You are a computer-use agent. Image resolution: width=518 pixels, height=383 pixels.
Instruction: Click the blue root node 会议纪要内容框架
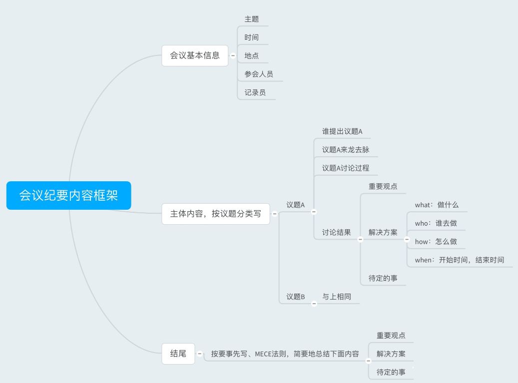click(68, 195)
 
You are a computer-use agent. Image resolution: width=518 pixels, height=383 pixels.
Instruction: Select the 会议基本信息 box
click(195, 55)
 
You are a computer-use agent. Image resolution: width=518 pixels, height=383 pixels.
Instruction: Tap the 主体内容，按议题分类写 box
click(215, 214)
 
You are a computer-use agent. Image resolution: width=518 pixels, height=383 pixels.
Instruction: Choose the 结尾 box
click(178, 354)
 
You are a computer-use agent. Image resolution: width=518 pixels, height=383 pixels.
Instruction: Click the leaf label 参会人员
click(259, 74)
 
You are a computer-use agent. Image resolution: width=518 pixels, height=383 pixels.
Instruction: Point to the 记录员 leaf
click(255, 92)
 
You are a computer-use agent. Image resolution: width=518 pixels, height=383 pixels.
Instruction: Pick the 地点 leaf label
click(252, 56)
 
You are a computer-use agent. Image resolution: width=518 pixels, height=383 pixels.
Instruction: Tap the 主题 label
click(252, 19)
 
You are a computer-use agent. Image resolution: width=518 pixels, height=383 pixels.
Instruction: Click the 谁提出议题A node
click(342, 131)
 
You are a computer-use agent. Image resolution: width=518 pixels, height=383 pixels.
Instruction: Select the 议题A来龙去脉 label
click(346, 150)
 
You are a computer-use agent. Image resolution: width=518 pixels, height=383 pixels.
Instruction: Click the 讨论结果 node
click(336, 232)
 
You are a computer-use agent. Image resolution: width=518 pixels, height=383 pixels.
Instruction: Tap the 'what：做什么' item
click(437, 205)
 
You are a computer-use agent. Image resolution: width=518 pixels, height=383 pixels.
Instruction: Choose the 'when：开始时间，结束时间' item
click(460, 260)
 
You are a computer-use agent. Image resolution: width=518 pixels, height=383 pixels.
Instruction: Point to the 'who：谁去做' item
click(436, 223)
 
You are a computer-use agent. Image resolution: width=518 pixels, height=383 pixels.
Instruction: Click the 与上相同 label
click(337, 297)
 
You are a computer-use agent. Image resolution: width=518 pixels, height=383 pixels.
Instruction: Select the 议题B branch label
click(296, 297)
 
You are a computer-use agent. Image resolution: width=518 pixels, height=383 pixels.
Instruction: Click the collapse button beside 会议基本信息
click(233, 55)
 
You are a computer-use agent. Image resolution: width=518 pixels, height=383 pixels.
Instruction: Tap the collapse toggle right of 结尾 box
click(200, 354)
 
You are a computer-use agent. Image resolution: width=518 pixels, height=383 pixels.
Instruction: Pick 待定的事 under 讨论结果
click(383, 278)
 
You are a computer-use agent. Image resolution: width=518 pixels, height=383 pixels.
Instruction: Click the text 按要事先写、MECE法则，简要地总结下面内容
click(285, 354)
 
